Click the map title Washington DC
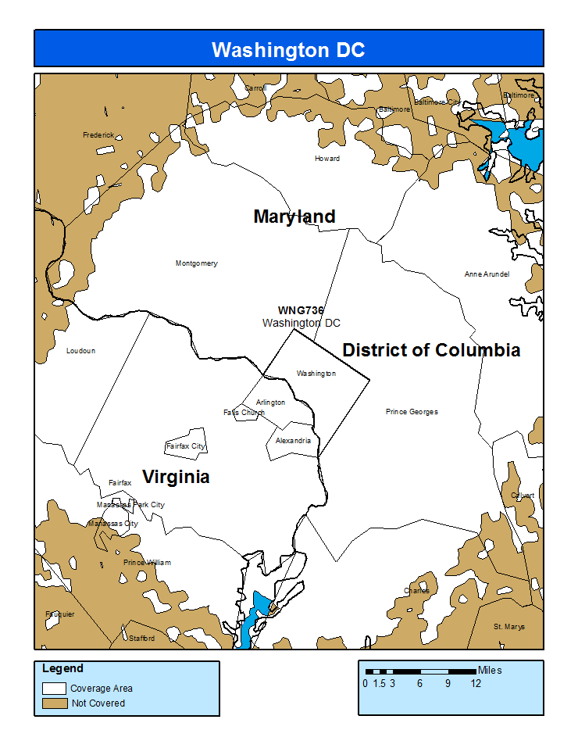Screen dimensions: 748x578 click(288, 50)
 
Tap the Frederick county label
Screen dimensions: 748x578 click(98, 135)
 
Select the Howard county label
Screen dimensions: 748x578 click(327, 159)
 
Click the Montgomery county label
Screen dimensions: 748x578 click(196, 263)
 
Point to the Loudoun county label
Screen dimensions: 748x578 click(80, 351)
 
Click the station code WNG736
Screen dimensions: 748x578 click(301, 310)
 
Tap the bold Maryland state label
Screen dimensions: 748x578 click(294, 217)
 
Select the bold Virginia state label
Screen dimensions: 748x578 click(176, 477)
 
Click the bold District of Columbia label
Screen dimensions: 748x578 click(431, 350)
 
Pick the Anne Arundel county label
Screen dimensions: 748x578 click(487, 274)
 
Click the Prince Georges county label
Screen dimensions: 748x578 click(412, 412)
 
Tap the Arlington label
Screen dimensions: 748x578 click(270, 403)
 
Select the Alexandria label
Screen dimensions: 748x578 click(293, 441)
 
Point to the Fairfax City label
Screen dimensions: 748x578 click(185, 446)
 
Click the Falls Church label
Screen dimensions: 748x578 click(244, 413)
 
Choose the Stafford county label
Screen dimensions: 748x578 click(141, 639)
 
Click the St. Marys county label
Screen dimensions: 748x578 click(509, 627)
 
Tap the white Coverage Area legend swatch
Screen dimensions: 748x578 click(54, 689)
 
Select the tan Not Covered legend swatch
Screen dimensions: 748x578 click(54, 703)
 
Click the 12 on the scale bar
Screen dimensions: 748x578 click(476, 684)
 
